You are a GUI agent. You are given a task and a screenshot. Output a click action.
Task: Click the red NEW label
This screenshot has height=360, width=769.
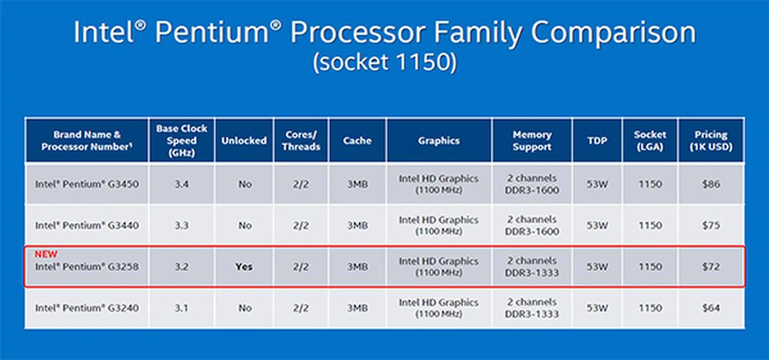point(46,254)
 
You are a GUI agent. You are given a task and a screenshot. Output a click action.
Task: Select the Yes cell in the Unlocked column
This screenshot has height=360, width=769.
point(244,267)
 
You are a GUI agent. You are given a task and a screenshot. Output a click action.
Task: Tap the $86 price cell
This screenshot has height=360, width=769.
point(711,184)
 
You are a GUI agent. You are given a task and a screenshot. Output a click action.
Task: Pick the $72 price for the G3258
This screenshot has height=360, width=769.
point(711,267)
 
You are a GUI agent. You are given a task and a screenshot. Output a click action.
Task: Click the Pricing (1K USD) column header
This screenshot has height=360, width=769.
point(711,141)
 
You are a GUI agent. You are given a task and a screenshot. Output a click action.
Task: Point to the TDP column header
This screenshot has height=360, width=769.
point(597,141)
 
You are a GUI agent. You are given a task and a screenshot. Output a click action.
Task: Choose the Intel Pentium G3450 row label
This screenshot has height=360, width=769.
point(87,184)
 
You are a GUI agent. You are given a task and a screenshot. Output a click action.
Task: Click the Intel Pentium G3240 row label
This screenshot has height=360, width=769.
point(87,308)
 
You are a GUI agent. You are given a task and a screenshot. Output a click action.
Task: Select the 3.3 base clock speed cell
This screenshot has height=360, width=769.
point(181,225)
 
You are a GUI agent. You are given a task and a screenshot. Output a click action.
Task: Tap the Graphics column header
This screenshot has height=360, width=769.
point(439,141)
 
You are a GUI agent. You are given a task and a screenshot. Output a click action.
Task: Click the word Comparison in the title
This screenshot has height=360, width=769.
point(614,33)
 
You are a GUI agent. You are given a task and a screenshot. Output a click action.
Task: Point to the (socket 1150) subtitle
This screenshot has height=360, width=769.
point(385,62)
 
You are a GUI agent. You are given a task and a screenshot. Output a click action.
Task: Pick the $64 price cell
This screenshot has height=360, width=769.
point(711,308)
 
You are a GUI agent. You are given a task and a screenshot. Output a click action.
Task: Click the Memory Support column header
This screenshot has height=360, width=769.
point(532,141)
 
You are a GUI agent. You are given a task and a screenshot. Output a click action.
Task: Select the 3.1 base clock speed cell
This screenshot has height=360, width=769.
point(181,308)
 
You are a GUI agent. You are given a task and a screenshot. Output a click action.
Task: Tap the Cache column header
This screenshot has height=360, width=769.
point(357,141)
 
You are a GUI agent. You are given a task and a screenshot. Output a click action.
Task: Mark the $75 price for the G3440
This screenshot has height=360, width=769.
point(711,225)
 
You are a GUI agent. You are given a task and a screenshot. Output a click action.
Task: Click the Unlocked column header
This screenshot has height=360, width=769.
point(244,141)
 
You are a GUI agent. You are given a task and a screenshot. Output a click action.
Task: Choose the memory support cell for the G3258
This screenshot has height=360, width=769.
point(532,267)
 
